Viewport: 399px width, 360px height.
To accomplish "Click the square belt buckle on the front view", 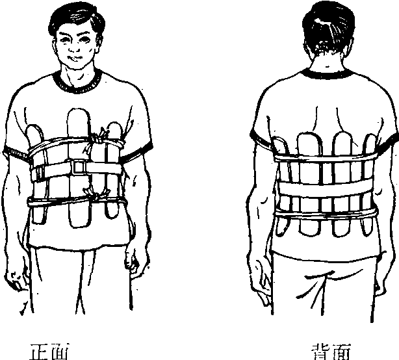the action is point(78,167).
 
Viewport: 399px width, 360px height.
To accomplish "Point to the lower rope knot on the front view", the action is point(98,196).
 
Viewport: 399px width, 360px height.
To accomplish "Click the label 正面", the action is point(49,352).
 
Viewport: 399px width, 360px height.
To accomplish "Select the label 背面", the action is point(331,352).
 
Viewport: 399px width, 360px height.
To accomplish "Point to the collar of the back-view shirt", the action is point(327,75).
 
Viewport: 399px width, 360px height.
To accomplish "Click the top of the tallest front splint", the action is point(79,109).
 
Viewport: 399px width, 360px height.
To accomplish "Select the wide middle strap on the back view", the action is point(325,189).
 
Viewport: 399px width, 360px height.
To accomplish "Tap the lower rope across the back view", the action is point(325,214).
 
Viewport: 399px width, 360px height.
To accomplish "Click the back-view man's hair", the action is point(328,25).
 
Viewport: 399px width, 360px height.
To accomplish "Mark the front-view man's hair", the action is point(76,18).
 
